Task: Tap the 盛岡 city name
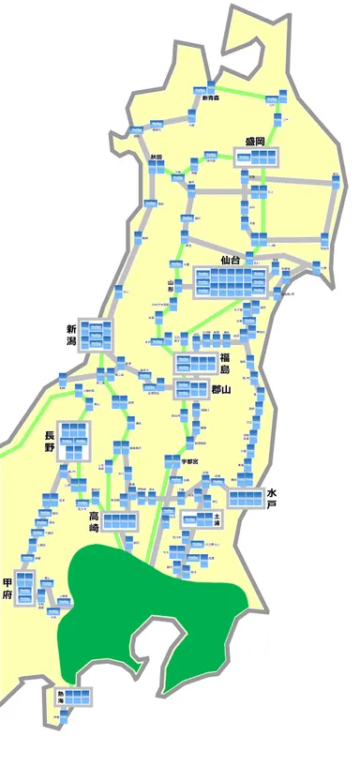[255, 142]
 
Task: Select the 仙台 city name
[232, 259]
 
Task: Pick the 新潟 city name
[71, 335]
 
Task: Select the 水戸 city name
[272, 498]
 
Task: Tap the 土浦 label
[217, 517]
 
